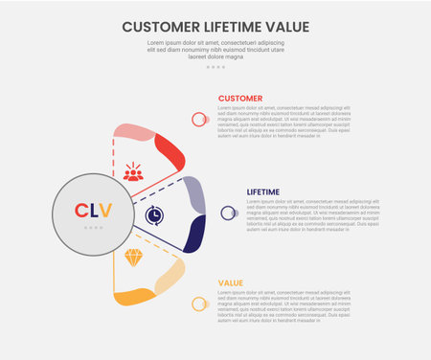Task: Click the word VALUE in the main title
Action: click(284, 27)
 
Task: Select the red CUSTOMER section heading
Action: click(240, 99)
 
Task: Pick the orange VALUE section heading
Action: click(230, 282)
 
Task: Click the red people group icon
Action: click(133, 172)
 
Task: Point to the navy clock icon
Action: click(153, 216)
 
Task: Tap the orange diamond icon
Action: click(133, 258)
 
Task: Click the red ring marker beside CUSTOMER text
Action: click(199, 120)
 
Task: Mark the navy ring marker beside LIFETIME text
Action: click(228, 213)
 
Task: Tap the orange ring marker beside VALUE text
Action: click(199, 304)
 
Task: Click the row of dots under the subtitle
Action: click(215, 67)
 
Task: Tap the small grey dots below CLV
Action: click(93, 228)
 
